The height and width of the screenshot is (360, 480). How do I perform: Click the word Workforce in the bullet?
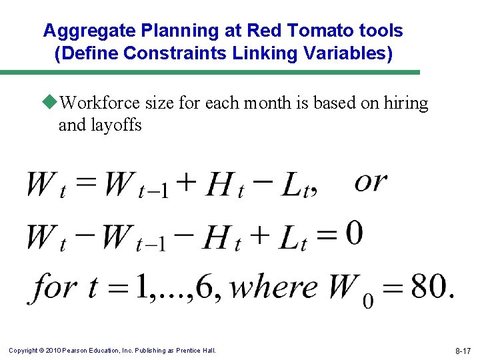click(99, 103)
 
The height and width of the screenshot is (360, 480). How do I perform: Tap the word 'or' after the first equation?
click(370, 181)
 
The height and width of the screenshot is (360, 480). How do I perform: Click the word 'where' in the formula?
click(274, 287)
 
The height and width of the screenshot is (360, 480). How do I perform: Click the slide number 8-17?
click(463, 350)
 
